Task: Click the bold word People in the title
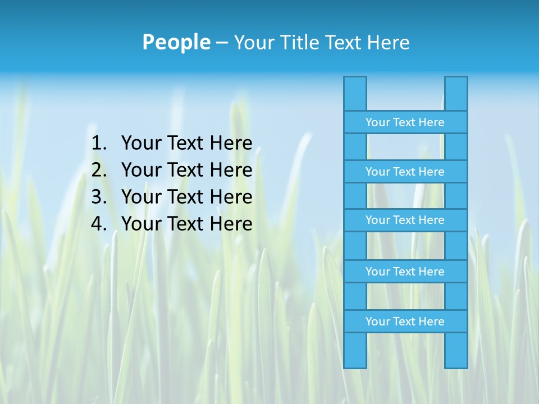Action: tap(176, 42)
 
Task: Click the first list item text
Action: tap(186, 144)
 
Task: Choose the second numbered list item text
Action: tap(186, 170)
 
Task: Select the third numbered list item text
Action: tap(186, 197)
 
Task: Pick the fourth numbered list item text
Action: tap(186, 224)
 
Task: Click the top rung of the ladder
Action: tap(405, 122)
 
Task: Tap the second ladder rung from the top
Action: tap(405, 172)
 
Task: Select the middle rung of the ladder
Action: tap(405, 220)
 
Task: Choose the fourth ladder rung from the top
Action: tap(405, 272)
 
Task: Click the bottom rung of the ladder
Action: tap(405, 322)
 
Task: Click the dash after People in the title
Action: tap(221, 43)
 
